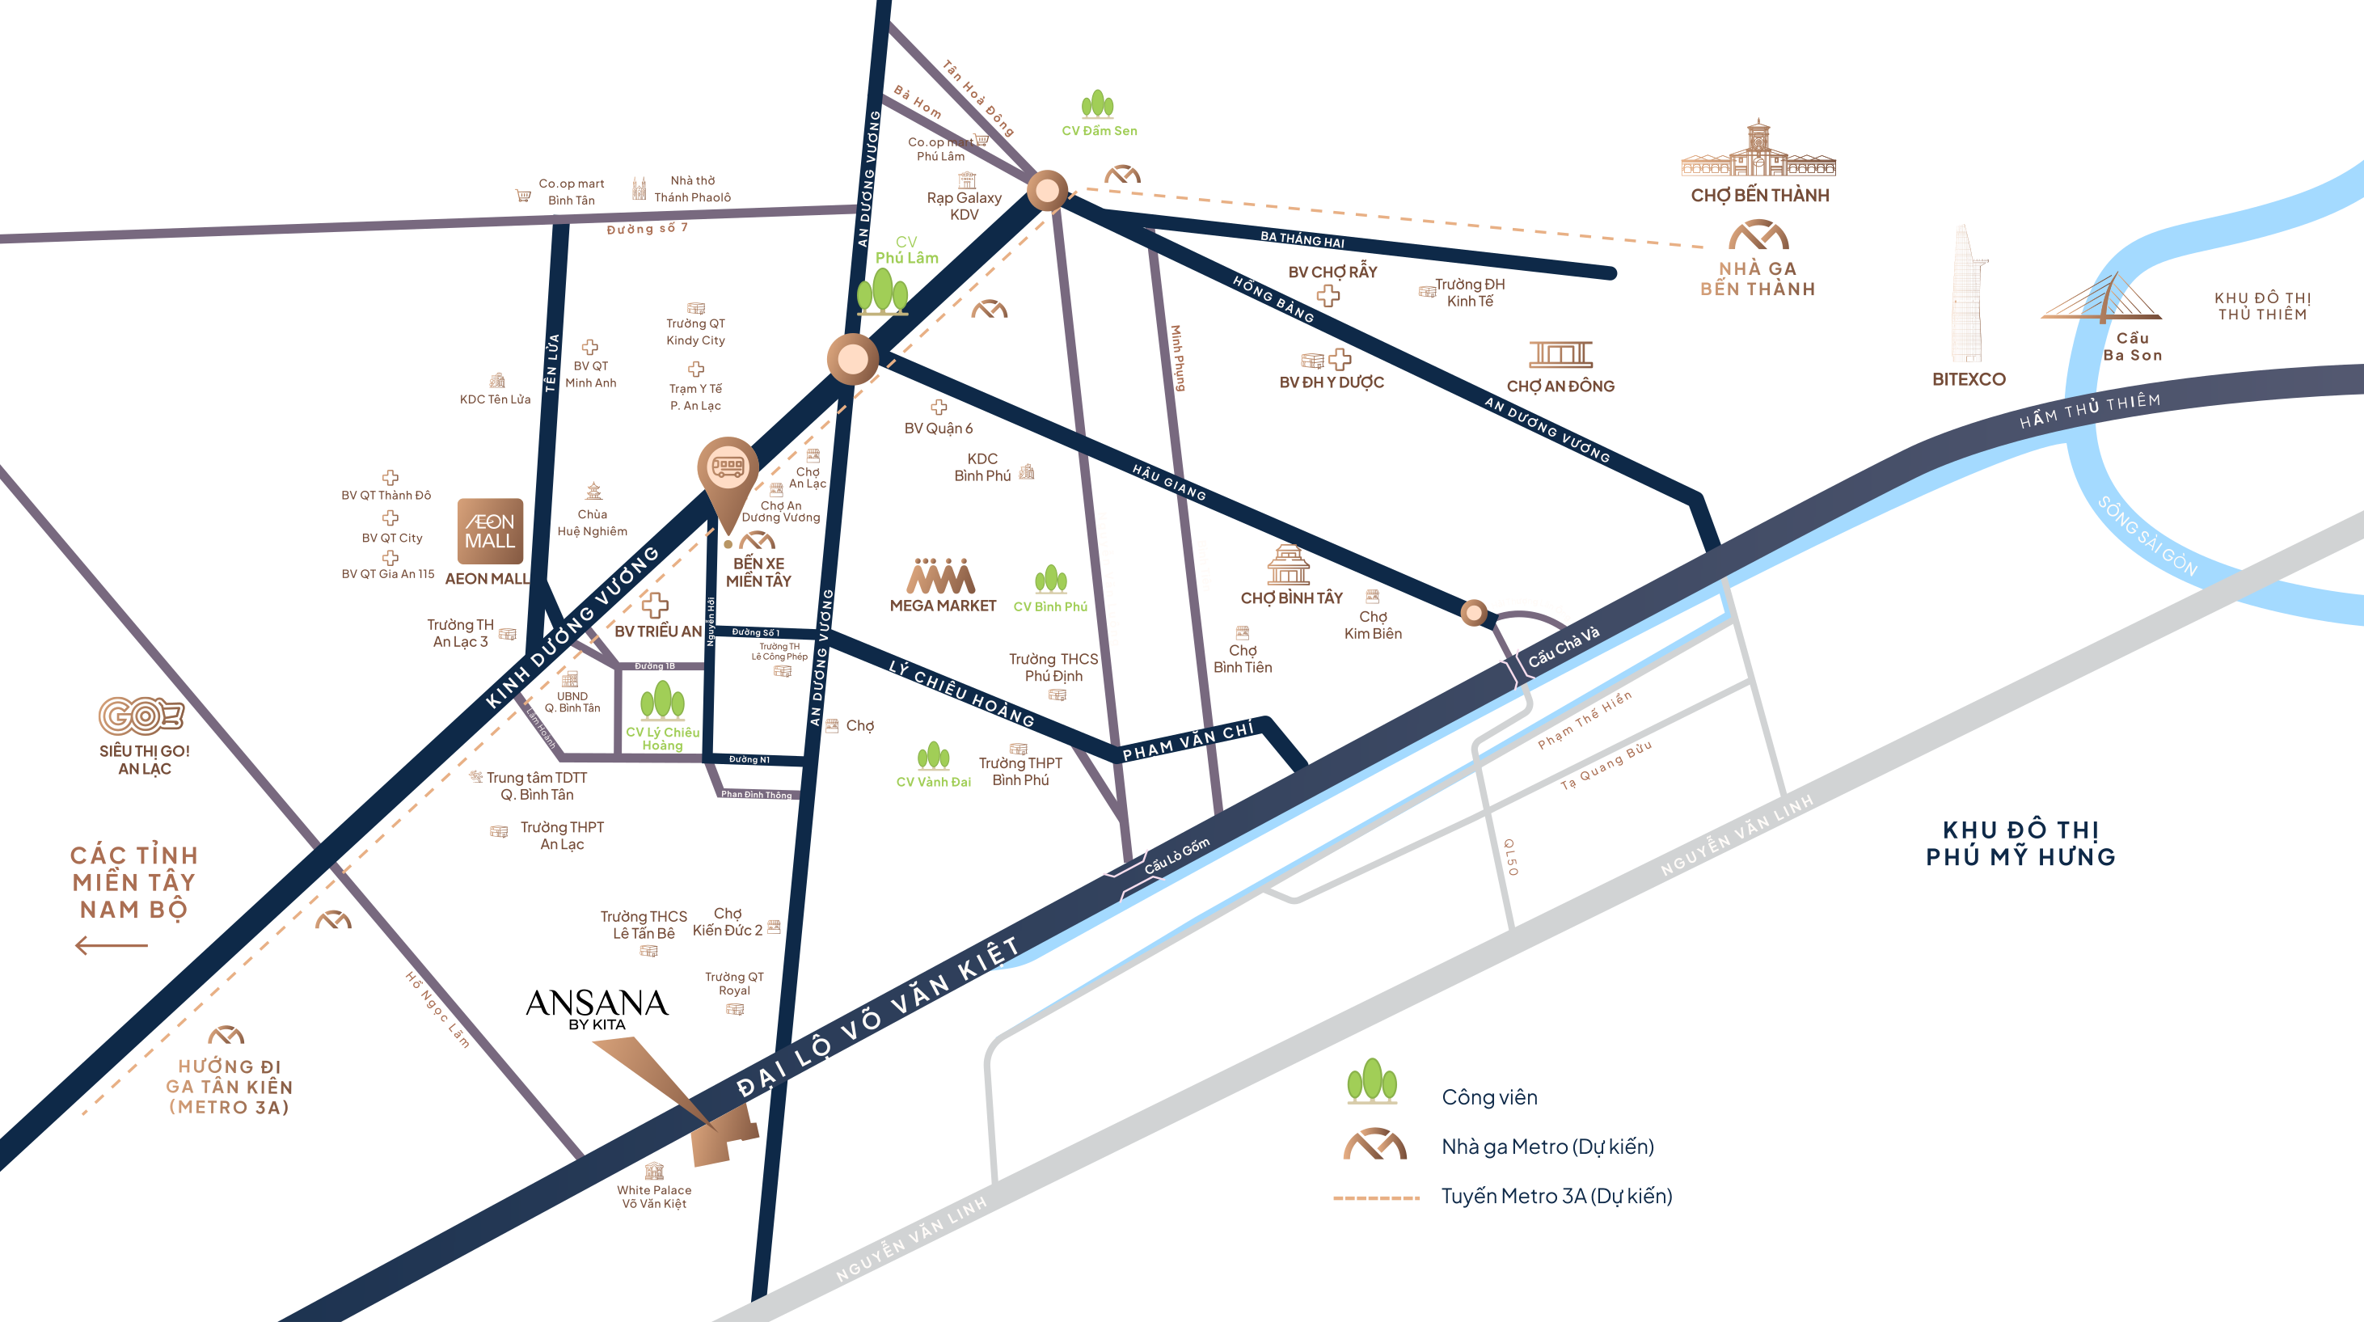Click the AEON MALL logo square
coord(490,530)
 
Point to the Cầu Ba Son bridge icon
coord(2101,298)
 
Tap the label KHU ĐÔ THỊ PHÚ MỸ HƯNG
coord(2020,843)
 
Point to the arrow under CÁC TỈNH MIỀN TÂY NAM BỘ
coord(111,944)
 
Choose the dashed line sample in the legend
coord(1376,1197)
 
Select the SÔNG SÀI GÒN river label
coord(2147,537)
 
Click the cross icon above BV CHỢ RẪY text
coord(1328,296)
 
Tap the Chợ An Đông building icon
coord(1560,354)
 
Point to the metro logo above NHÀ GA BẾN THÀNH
coord(1758,236)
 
